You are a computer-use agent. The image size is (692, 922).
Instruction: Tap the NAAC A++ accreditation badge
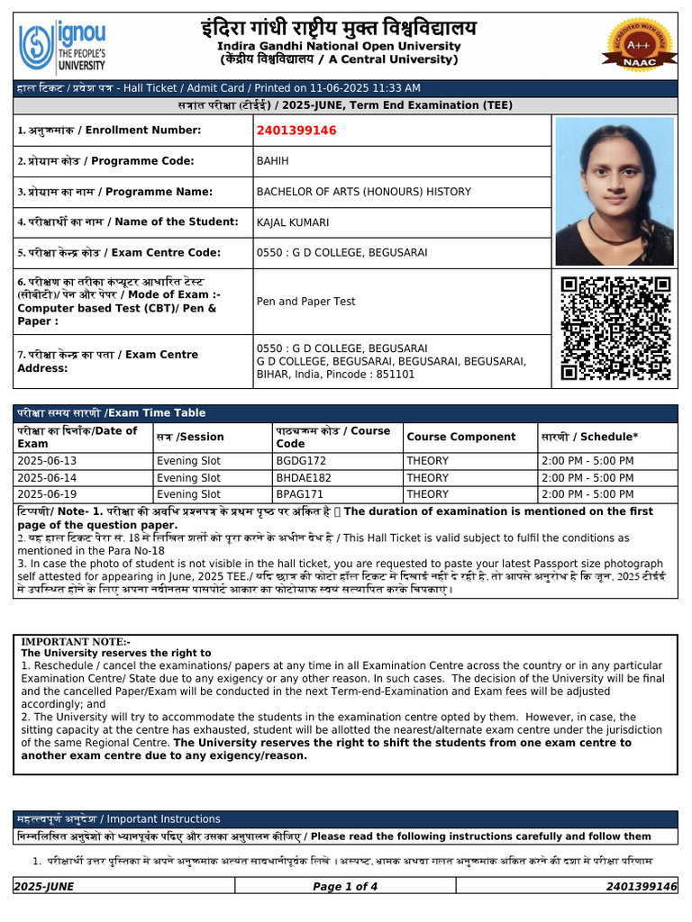point(641,43)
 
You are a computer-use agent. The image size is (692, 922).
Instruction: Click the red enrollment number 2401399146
point(296,131)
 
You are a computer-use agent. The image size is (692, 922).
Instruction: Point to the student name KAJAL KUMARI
point(293,221)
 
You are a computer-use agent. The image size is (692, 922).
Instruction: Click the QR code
point(615,328)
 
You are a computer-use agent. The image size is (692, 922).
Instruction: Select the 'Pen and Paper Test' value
point(305,302)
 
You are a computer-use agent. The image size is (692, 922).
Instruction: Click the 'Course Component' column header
point(461,437)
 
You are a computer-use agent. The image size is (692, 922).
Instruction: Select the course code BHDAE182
point(304,478)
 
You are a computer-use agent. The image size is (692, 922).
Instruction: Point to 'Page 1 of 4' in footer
point(345,887)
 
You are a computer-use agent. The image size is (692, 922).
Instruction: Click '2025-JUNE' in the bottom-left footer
point(45,887)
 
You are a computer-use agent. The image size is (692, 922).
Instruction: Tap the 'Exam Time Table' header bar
point(345,413)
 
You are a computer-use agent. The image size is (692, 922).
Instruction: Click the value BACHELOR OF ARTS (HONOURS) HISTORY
point(363,192)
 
